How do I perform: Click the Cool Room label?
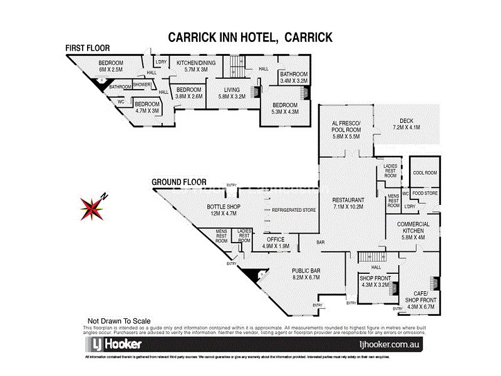click(x=425, y=173)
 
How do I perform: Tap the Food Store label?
click(x=425, y=194)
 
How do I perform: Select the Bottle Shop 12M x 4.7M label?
click(x=224, y=210)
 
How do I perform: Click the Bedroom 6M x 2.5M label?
click(x=111, y=66)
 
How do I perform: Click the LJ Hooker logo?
click(x=113, y=345)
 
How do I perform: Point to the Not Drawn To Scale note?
click(x=115, y=320)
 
